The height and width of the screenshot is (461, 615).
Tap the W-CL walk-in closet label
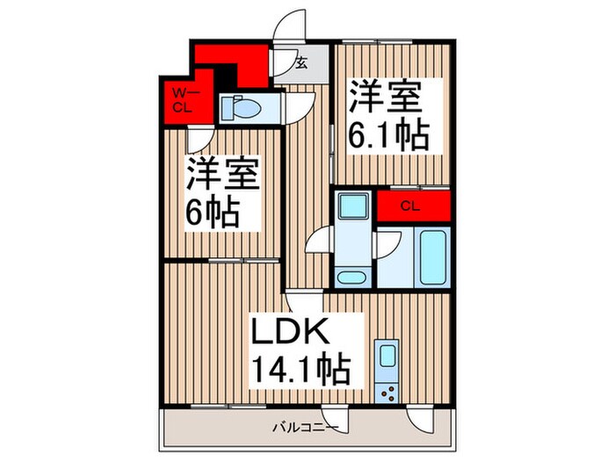pyautogui.click(x=182, y=100)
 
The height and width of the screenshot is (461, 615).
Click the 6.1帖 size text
pyautogui.click(x=391, y=135)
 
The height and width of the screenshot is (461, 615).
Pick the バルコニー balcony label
pyautogui.click(x=303, y=428)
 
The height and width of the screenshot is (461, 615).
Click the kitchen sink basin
pyautogui.click(x=386, y=358)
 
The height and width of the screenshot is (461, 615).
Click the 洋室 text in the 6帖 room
pyautogui.click(x=221, y=175)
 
